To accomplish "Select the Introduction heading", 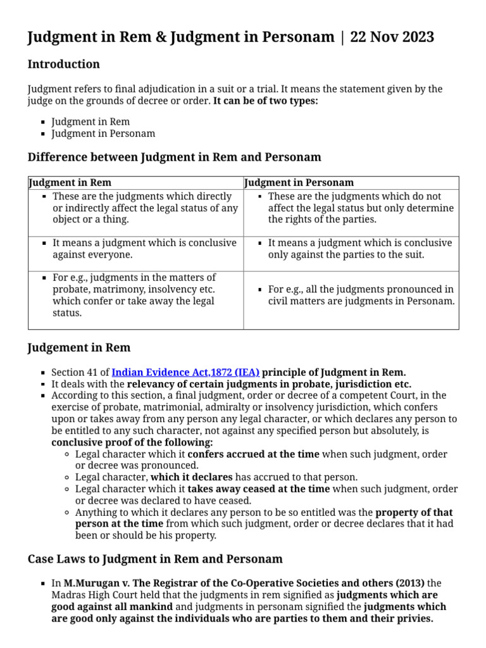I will pyautogui.click(x=63, y=64).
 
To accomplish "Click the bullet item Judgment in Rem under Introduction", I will pyautogui.click(x=90, y=121).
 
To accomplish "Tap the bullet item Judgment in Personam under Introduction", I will pyautogui.click(x=103, y=134).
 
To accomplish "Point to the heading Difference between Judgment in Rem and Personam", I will pyautogui.click(x=174, y=157).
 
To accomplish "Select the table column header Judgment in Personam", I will pyautogui.click(x=299, y=183).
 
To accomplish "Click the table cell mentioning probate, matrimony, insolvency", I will pyautogui.click(x=134, y=295).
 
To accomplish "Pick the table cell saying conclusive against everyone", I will pyautogui.click(x=144, y=249).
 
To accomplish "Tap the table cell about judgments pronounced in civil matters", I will pyautogui.click(x=361, y=295).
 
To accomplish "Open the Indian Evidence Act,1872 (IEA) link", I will pyautogui.click(x=185, y=372).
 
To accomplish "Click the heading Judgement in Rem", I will pyautogui.click(x=79, y=347).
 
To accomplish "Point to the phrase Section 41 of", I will pyautogui.click(x=80, y=372).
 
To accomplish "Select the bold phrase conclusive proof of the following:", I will pyautogui.click(x=132, y=442).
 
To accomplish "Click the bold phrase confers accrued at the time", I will pyautogui.click(x=254, y=454).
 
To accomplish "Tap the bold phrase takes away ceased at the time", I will pyautogui.click(x=258, y=489).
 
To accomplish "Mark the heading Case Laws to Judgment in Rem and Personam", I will pyautogui.click(x=155, y=559).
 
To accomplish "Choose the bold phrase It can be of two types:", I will pyautogui.click(x=266, y=101).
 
